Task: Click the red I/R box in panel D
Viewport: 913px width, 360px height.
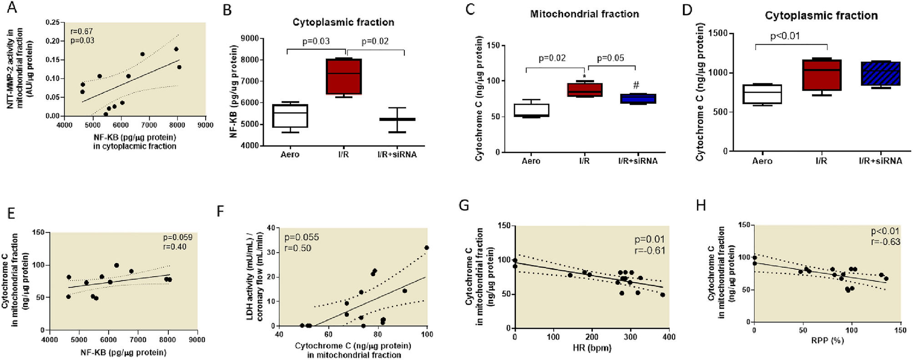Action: [x=827, y=75]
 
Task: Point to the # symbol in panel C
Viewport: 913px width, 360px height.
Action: [x=636, y=85]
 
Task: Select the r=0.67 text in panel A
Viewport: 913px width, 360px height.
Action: [x=82, y=31]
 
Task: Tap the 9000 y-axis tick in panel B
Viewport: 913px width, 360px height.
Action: [x=250, y=38]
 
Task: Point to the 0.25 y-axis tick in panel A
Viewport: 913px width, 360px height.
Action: [x=53, y=22]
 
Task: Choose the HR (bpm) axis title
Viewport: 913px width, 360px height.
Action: [x=591, y=348]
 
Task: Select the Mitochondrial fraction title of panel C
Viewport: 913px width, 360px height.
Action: [x=584, y=14]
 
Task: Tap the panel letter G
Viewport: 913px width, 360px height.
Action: [x=464, y=206]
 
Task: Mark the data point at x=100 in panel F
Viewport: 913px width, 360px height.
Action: [x=426, y=248]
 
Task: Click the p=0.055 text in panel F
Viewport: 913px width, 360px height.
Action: [x=302, y=237]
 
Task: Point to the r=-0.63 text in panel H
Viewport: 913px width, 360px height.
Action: [x=885, y=242]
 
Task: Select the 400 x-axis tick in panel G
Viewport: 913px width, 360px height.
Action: [x=669, y=337]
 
